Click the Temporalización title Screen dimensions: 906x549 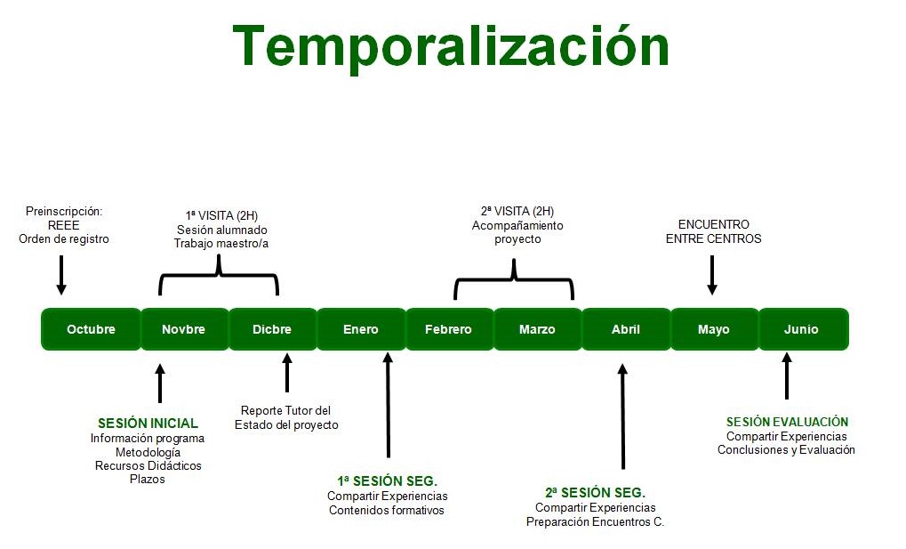451,46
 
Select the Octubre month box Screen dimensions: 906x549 92,329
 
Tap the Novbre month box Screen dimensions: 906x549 185,329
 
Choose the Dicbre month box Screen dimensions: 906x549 273,329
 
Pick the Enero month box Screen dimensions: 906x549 361,329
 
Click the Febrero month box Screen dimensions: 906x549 450,329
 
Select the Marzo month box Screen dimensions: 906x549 538,329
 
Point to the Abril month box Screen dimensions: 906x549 626,329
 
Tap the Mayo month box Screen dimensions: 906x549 715,329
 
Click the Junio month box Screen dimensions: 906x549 804,329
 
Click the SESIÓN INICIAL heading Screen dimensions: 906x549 148,424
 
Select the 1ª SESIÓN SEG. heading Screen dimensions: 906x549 387,481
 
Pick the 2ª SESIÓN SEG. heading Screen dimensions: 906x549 595,493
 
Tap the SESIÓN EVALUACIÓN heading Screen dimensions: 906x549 787,423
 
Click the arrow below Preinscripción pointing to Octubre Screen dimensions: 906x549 61,275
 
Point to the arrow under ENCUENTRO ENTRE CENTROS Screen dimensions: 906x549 712,275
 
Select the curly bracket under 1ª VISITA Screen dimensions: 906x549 219,274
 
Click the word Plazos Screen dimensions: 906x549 148,479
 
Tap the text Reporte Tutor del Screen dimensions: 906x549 286,411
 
